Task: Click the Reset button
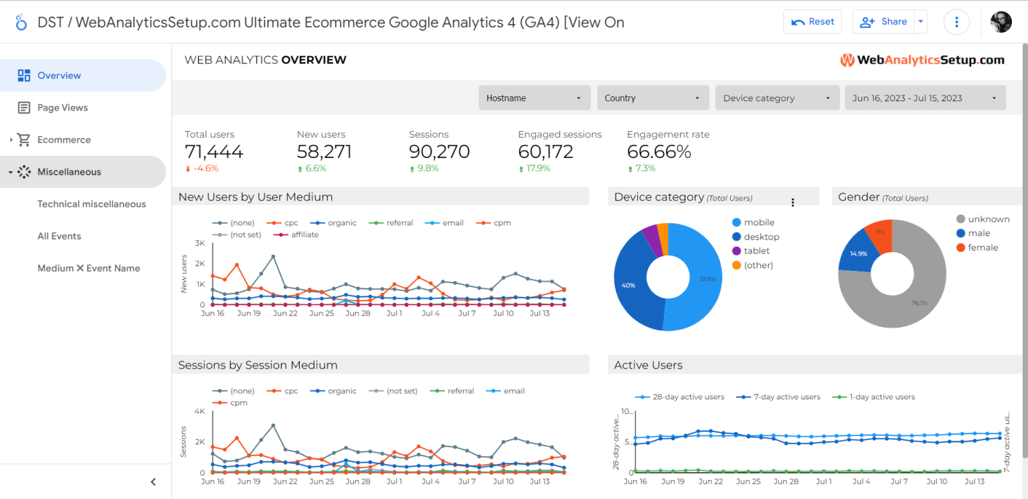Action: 812,21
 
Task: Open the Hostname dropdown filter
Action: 534,98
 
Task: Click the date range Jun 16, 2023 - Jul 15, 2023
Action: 925,98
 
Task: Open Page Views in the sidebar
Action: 62,108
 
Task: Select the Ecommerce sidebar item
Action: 64,140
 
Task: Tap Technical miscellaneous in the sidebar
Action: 92,204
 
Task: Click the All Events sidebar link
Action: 59,236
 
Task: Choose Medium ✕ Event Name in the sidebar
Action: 88,268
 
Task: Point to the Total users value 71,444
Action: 214,152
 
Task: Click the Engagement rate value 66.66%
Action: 659,152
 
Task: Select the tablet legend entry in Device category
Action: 756,251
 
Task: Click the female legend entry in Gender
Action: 982,247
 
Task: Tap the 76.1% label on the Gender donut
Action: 919,303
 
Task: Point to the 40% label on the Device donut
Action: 628,285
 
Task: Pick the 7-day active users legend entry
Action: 786,397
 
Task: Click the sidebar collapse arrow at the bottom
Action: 153,482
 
